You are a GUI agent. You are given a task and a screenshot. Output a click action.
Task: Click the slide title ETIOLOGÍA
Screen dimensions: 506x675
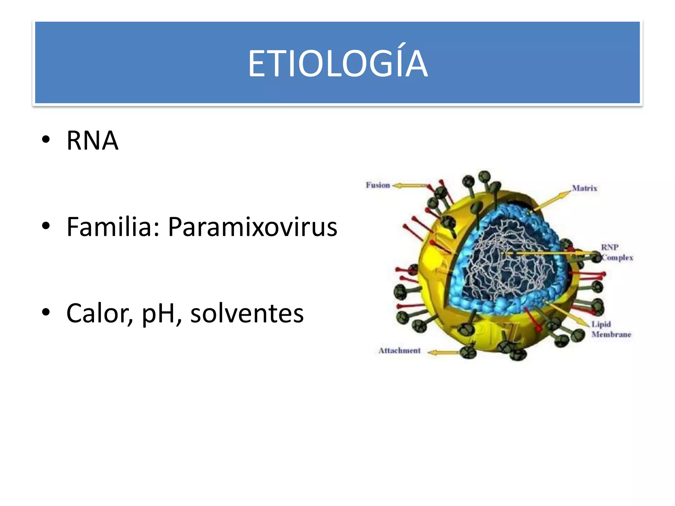[337, 63]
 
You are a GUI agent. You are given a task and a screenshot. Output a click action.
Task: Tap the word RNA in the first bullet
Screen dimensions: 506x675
[92, 141]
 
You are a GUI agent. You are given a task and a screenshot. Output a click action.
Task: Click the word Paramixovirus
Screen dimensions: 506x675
[252, 227]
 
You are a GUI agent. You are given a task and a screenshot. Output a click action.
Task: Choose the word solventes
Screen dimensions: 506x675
[247, 313]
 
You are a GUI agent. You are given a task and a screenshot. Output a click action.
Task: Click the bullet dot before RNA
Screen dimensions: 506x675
[46, 140]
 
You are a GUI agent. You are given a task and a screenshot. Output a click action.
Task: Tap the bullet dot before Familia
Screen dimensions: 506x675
[46, 226]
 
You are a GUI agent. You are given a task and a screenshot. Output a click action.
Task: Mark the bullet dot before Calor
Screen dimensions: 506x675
[46, 312]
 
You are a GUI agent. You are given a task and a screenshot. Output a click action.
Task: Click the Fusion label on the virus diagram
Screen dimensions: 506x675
[378, 185]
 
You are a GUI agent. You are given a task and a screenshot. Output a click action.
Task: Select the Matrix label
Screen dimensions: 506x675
[585, 188]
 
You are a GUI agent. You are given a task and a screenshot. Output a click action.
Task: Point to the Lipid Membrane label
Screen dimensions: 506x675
[611, 329]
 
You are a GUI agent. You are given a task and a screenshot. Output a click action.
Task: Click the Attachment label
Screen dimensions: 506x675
[399, 351]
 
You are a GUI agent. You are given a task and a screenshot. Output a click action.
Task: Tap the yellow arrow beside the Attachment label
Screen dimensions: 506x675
[443, 352]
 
